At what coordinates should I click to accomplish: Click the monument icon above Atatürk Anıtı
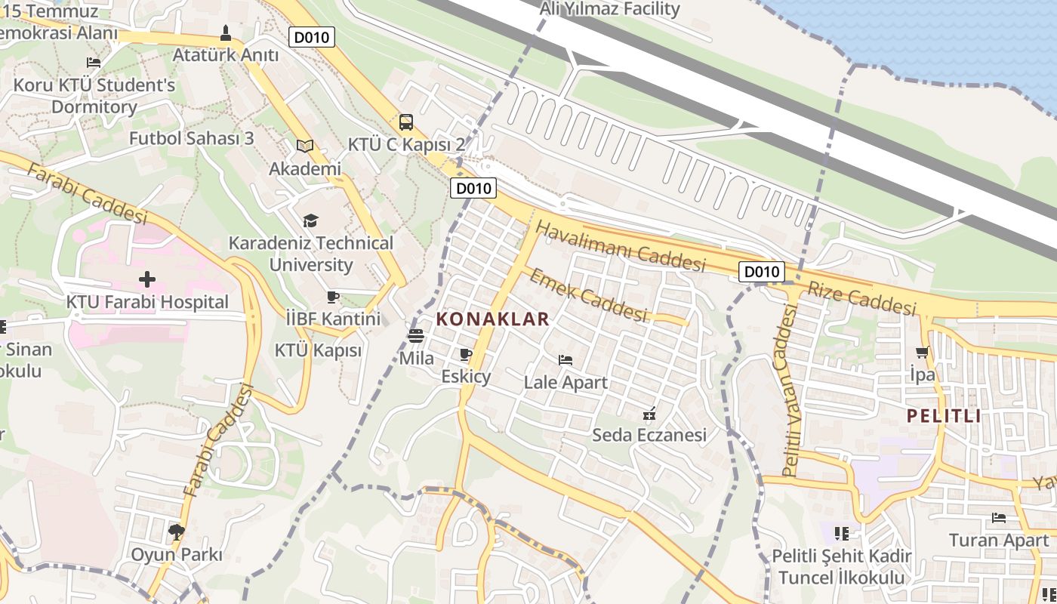tap(226, 33)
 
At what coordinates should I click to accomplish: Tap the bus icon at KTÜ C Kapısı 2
tap(406, 122)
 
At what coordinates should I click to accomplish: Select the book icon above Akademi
tap(305, 146)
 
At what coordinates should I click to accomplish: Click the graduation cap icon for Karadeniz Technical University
tap(310, 220)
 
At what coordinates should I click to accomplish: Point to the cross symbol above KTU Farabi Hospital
tap(147, 280)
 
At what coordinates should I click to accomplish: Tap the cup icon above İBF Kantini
tap(333, 297)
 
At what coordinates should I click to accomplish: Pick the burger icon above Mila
tap(416, 336)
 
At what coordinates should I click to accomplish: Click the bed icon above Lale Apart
tap(565, 360)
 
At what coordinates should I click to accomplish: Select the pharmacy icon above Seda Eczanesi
tap(649, 413)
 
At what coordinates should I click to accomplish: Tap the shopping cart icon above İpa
tap(922, 352)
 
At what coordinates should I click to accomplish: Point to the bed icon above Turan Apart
tap(999, 518)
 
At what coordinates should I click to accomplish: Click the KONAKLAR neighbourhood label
tap(493, 319)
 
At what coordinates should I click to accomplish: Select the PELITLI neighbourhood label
tap(944, 416)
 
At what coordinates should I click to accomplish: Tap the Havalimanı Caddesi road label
tap(620, 247)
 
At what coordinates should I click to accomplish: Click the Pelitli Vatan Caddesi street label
tap(790, 390)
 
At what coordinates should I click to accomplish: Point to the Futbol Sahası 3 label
tap(191, 138)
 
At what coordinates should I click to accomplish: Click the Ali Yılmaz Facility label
tap(610, 9)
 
